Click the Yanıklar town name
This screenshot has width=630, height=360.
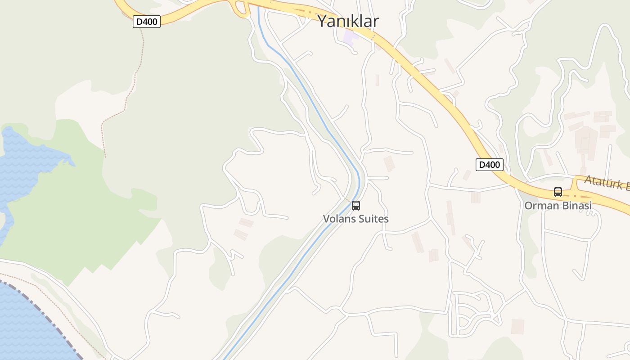[348, 21]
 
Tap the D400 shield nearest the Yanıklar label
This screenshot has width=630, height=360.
[147, 21]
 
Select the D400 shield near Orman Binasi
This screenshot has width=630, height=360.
[489, 165]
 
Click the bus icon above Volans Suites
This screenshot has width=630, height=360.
[356, 206]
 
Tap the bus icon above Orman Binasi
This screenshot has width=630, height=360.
[558, 192]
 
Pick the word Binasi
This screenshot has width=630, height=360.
[576, 206]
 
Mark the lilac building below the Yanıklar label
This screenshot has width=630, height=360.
[349, 37]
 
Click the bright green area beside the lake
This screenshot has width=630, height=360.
[67, 216]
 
